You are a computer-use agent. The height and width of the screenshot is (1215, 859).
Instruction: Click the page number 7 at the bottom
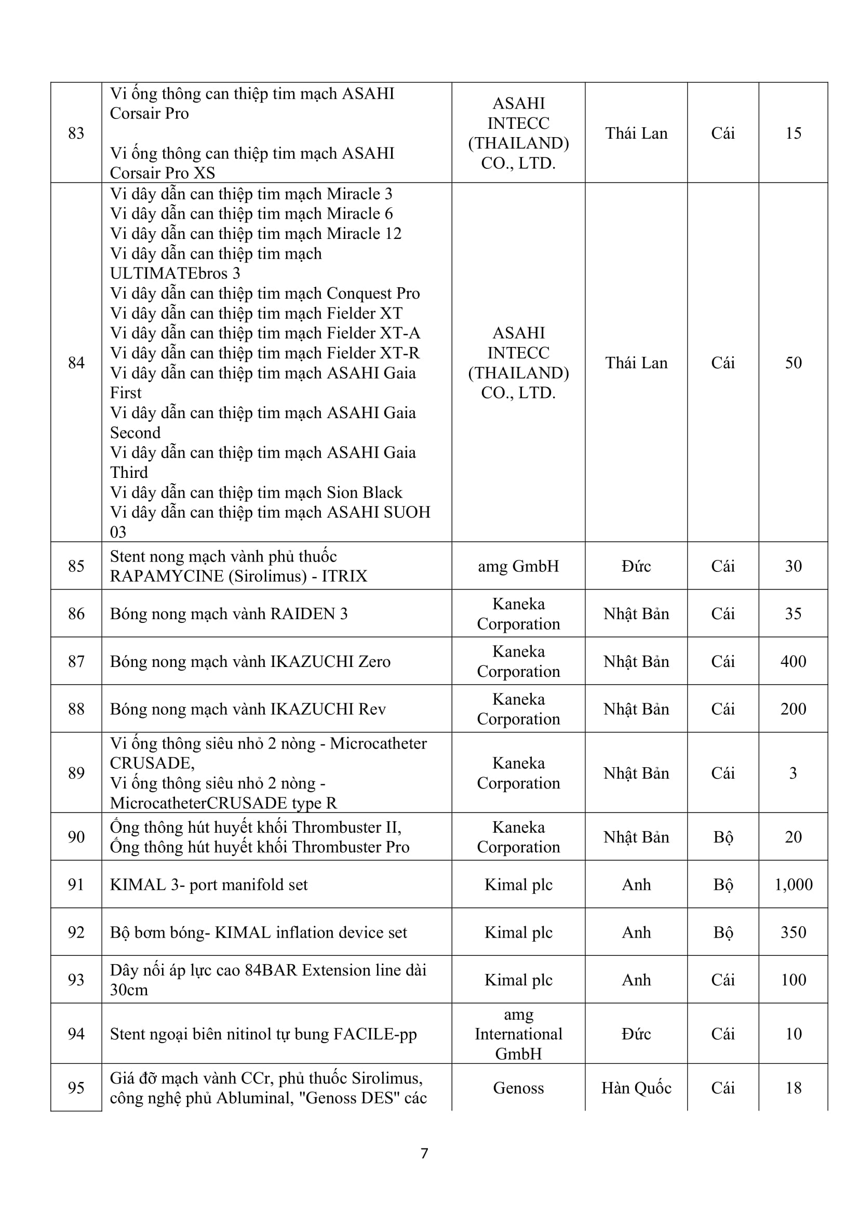click(424, 1153)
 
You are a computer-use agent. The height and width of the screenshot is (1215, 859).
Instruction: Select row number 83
click(76, 133)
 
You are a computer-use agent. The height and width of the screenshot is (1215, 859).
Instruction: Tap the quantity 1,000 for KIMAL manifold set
click(794, 884)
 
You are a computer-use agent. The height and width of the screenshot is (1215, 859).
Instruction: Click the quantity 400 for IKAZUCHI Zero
click(794, 661)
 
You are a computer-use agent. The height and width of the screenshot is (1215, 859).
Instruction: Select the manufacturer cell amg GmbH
click(518, 566)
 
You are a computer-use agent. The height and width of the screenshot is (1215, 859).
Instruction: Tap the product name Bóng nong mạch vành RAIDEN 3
click(229, 613)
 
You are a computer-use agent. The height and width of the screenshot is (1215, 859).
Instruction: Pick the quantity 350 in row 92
click(794, 932)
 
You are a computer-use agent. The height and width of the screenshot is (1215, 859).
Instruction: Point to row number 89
click(76, 772)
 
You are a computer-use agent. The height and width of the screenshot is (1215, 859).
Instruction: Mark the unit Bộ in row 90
click(723, 837)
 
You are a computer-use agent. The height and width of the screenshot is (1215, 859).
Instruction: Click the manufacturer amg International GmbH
click(518, 1034)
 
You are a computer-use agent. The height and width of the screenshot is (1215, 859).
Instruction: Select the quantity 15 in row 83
click(794, 133)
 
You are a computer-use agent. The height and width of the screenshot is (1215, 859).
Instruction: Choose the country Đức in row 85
click(636, 566)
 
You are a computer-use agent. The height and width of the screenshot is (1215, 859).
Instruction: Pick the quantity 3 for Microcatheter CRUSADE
click(794, 772)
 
